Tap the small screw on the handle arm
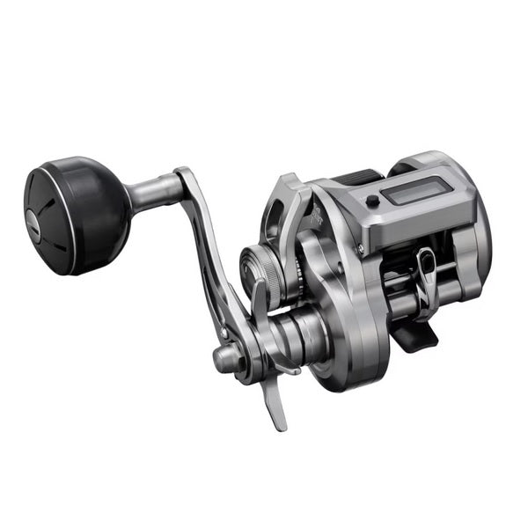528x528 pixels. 224,334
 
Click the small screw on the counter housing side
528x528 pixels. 372,202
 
